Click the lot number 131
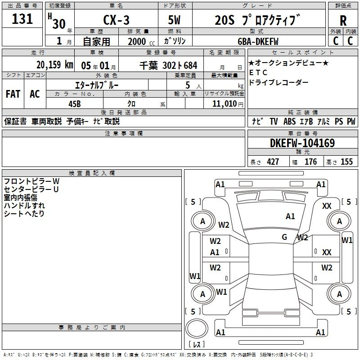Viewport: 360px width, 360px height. click(22, 19)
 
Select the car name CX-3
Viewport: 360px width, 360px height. click(117, 20)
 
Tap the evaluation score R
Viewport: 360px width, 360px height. click(343, 21)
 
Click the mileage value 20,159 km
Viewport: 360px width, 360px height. click(55, 65)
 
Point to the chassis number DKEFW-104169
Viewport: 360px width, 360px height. click(302, 143)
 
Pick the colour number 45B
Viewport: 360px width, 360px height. click(75, 104)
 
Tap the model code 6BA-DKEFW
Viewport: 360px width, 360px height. click(258, 41)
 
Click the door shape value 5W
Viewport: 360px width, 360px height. click(174, 20)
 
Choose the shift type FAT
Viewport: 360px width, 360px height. click(13, 94)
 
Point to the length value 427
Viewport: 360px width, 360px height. click(273, 162)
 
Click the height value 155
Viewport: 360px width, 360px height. click(346, 162)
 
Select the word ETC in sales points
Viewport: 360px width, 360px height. click(258, 72)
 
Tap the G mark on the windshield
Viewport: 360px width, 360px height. click(284, 237)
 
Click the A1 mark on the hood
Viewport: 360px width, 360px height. click(290, 216)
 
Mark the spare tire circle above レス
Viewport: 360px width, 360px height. click(197, 328)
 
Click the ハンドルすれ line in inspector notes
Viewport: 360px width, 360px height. click(24, 206)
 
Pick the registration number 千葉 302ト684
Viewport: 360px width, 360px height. click(168, 66)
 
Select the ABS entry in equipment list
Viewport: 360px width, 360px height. click(289, 121)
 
